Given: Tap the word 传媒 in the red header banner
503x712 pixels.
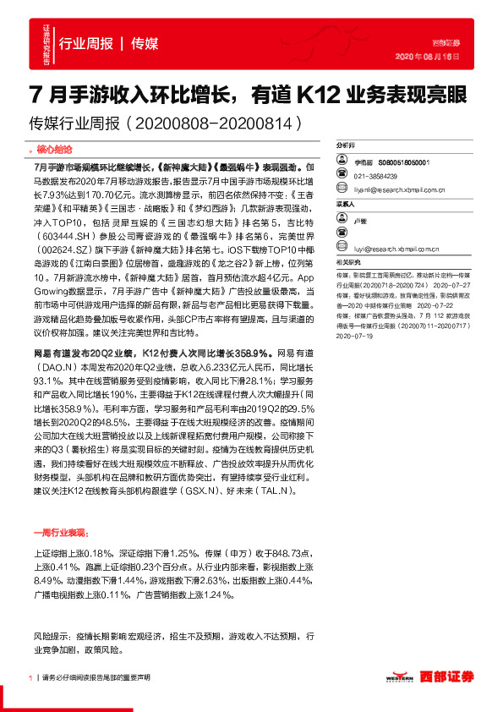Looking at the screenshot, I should (x=145, y=43).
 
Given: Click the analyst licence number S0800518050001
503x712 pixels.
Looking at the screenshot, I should (x=404, y=162).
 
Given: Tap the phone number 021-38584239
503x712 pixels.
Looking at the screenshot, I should (x=379, y=176).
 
